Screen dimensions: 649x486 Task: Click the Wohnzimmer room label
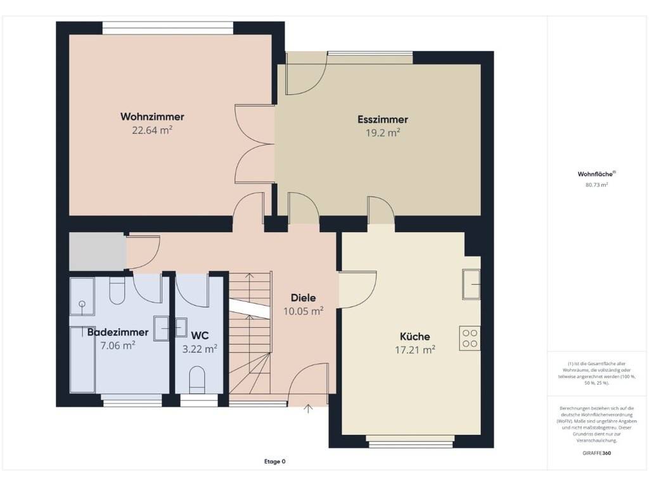tap(152, 116)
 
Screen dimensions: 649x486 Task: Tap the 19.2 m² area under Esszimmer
tap(382, 133)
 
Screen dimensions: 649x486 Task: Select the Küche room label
tap(414, 337)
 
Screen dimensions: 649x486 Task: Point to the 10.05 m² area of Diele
tap(303, 311)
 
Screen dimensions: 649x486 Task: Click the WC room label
tap(200, 335)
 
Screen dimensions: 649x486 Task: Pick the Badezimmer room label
tap(117, 332)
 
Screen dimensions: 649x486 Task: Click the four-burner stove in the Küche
tap(470, 339)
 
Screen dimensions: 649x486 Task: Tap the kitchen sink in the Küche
tap(472, 284)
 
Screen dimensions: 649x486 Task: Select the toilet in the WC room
tap(197, 380)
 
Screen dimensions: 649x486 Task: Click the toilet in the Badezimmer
tap(117, 290)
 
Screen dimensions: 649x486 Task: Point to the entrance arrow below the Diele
tap(309, 409)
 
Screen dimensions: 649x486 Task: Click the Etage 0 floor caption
tap(275, 461)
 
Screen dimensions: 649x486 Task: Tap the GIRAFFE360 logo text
tap(596, 453)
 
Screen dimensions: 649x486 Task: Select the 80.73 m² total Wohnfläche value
tap(596, 185)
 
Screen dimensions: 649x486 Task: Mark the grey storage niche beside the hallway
tap(97, 251)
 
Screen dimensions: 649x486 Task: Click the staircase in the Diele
tap(250, 333)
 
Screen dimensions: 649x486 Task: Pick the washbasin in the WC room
tap(181, 328)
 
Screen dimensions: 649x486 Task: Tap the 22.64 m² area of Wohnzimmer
tap(152, 130)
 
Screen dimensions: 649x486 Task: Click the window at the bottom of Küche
tap(411, 444)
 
